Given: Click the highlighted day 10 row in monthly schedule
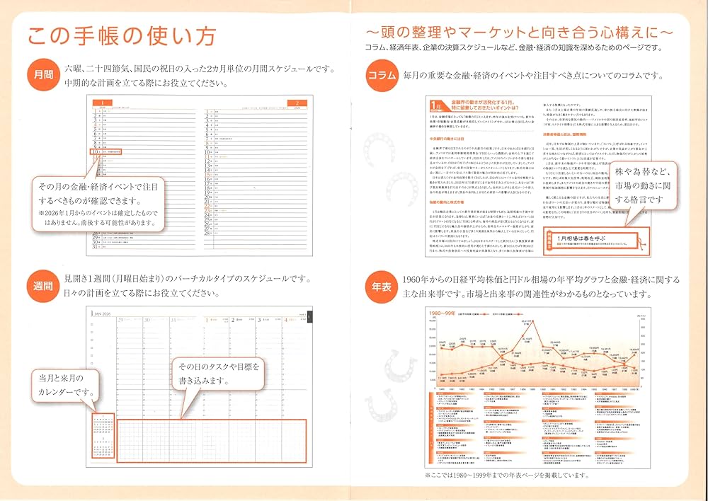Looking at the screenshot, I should [106, 151].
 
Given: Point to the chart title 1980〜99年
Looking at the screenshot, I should [447, 312].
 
